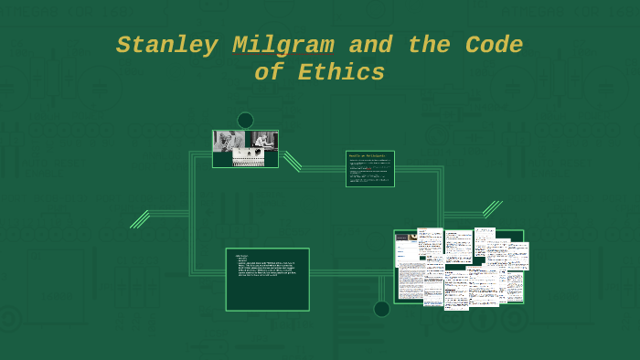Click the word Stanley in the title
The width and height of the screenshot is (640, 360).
click(x=167, y=46)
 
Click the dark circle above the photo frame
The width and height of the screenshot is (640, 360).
click(x=245, y=121)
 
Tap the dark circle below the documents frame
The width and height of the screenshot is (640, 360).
click(x=381, y=309)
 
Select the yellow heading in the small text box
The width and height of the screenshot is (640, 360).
click(x=368, y=156)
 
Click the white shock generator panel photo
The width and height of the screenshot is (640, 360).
click(x=248, y=157)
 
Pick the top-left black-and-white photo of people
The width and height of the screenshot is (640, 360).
click(x=229, y=140)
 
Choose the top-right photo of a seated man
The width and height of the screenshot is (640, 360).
click(x=263, y=140)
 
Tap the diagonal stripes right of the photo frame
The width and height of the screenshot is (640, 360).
click(x=292, y=161)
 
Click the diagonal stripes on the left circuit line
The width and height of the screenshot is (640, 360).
click(x=140, y=219)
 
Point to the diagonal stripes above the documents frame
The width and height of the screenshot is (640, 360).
click(x=492, y=209)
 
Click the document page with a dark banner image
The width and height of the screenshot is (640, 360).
click(x=406, y=248)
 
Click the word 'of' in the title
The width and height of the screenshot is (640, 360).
click(x=270, y=73)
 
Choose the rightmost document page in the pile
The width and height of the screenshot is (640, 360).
click(x=518, y=256)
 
